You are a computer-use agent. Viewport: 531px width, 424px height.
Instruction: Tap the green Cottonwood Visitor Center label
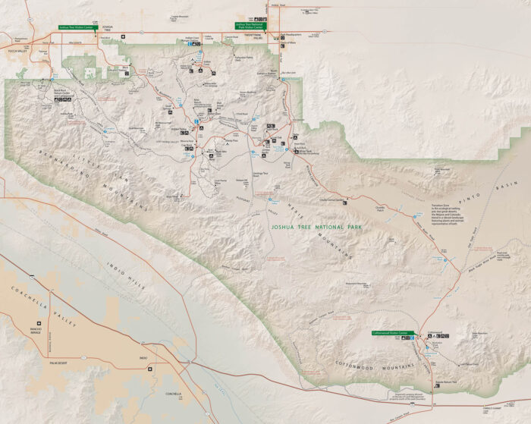click(x=390, y=333)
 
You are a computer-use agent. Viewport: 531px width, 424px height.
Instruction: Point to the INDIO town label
click(x=143, y=357)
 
